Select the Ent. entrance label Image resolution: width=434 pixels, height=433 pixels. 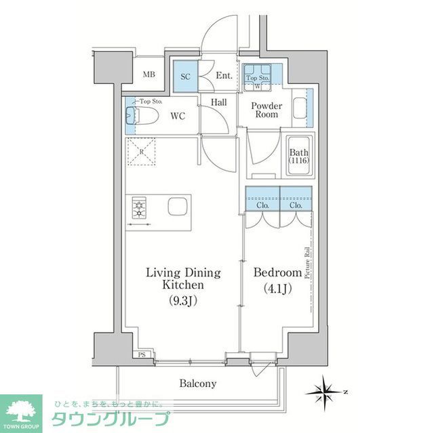point(224,77)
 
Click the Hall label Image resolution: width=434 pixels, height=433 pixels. point(218,102)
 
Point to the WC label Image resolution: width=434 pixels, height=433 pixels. point(178,116)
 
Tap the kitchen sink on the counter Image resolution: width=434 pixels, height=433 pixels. point(178,206)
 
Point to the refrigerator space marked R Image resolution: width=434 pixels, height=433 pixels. point(140,152)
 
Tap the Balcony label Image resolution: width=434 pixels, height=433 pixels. point(198,384)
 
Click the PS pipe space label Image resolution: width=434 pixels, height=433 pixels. point(142,354)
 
